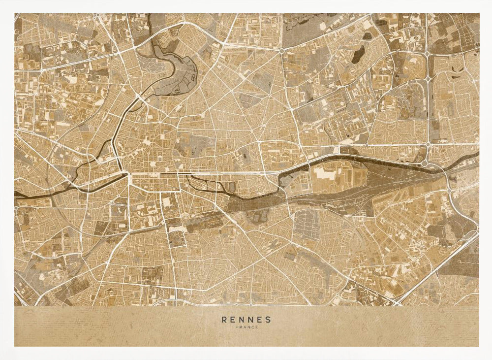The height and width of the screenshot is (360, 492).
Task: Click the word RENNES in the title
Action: (246, 319)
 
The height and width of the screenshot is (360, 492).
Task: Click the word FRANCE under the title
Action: (246, 327)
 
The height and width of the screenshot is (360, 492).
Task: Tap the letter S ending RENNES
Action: (268, 319)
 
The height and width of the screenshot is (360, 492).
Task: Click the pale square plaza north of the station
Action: (166, 202)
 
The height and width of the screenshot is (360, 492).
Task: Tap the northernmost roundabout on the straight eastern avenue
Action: (428, 55)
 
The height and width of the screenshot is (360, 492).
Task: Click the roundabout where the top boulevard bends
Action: (281, 51)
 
